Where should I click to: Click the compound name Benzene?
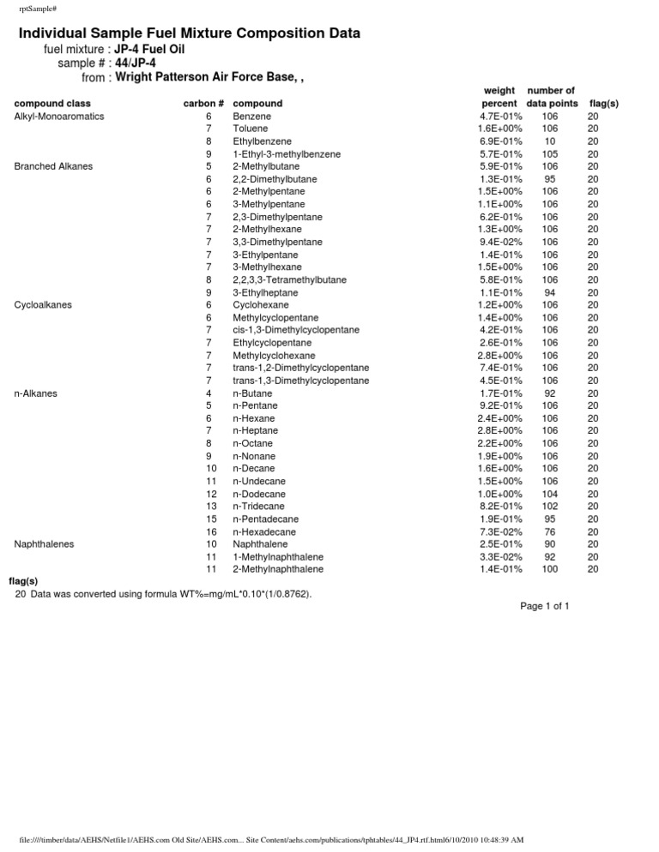251,116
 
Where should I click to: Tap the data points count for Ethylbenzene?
551,141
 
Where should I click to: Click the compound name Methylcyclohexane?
274,356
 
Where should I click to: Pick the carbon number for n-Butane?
209,393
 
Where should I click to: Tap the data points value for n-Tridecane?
551,507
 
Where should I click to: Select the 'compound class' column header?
52,104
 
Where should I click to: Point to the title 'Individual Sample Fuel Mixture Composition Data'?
190,33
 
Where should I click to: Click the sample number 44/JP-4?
136,63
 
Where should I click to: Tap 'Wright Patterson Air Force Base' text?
205,77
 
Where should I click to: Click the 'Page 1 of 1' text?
544,607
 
